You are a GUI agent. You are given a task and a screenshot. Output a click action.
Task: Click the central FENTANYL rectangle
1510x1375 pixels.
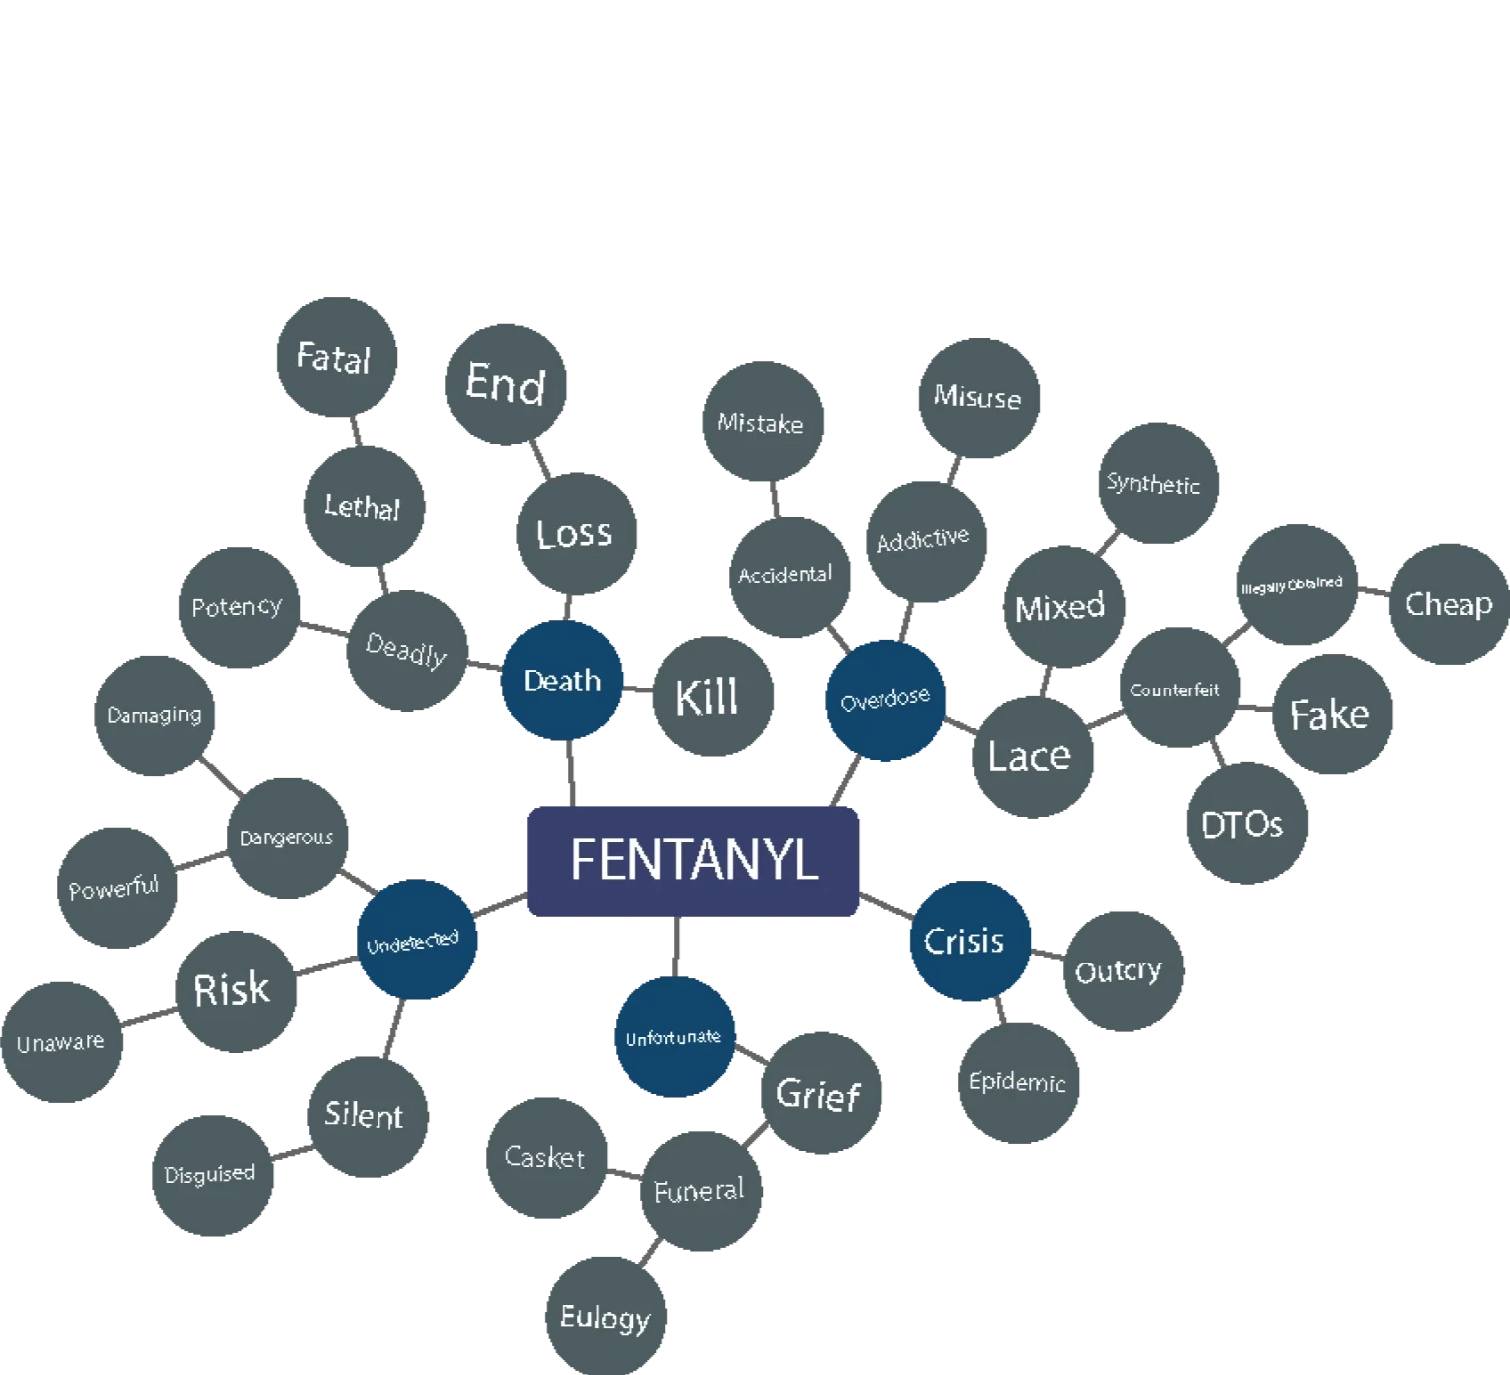[693, 860]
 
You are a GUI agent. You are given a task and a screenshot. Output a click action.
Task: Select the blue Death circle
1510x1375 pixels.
[563, 681]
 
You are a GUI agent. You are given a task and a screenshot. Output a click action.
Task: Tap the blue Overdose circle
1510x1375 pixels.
[885, 699]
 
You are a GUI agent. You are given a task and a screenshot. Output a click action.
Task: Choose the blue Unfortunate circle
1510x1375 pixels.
[674, 1037]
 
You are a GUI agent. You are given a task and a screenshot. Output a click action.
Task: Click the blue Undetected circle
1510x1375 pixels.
[414, 942]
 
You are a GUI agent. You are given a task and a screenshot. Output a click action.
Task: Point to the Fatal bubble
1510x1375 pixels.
[334, 358]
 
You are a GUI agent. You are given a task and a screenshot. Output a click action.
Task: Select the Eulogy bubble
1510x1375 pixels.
[606, 1316]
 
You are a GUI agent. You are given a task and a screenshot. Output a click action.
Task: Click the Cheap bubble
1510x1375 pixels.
[1448, 604]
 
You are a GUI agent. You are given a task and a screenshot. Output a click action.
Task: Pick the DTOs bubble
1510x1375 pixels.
[1243, 823]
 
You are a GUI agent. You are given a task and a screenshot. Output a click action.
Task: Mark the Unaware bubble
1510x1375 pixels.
[62, 1043]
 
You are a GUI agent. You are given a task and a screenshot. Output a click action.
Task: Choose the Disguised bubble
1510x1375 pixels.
[210, 1175]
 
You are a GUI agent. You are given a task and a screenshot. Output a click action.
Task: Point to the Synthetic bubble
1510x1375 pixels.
[1155, 485]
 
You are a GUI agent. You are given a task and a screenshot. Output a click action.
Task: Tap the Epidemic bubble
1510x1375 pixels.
[1018, 1082]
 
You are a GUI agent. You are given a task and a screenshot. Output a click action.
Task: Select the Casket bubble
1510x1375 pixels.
[546, 1156]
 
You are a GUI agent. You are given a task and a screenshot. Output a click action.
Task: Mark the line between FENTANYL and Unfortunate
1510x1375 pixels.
[677, 946]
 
